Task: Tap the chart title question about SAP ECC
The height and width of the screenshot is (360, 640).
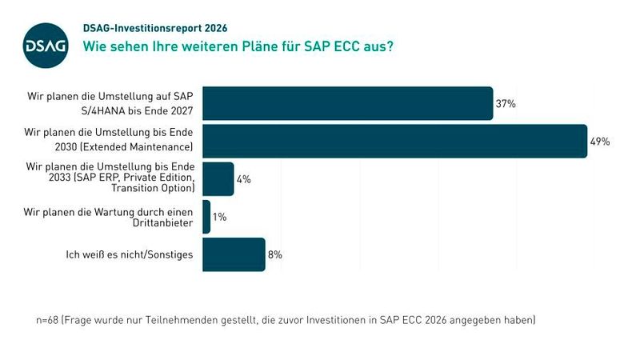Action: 238,46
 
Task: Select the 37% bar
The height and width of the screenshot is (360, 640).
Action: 347,103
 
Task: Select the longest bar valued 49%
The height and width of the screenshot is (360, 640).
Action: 394,141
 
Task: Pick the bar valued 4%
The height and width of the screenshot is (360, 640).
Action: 218,179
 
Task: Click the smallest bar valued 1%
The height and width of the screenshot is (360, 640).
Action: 206,217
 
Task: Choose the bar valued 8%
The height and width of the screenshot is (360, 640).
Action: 233,254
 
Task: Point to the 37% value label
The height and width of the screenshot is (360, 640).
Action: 506,104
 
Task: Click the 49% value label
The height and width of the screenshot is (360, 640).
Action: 600,142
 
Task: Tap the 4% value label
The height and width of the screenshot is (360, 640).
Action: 243,179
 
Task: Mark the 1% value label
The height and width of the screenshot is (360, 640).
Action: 219,217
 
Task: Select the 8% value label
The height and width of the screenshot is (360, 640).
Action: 275,254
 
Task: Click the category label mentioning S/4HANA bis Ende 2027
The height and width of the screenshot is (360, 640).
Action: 110,103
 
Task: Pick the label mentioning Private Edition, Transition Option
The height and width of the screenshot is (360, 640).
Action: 110,177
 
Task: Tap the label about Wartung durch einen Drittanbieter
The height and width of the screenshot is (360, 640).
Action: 110,217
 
